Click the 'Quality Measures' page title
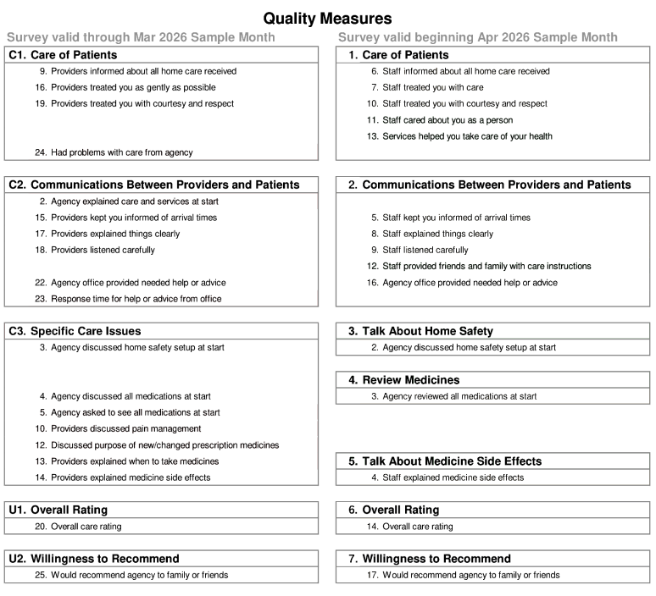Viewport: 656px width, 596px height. click(327, 18)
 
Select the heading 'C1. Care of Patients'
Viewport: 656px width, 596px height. click(63, 55)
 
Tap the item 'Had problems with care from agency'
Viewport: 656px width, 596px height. click(121, 152)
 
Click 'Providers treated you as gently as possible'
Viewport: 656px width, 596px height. click(133, 87)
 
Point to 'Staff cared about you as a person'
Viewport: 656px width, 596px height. click(447, 120)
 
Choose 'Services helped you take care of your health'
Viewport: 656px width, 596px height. click(467, 136)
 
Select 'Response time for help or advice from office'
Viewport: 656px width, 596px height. click(136, 299)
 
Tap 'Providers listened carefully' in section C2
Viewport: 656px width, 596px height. click(103, 250)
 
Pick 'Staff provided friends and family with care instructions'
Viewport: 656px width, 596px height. click(486, 266)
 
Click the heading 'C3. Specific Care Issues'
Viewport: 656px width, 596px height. click(75, 331)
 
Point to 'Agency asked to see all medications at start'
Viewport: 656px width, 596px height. click(135, 412)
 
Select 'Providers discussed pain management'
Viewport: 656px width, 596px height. click(125, 428)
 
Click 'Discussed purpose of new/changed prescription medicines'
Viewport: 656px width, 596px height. click(164, 444)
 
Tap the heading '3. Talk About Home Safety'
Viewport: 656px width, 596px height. click(420, 331)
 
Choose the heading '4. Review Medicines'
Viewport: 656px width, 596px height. click(403, 380)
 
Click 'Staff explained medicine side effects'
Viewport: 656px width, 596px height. click(453, 477)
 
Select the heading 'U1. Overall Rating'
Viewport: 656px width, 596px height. click(58, 510)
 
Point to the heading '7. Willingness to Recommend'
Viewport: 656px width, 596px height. click(430, 559)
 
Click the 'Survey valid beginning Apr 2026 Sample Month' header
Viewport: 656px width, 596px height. click(477, 37)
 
